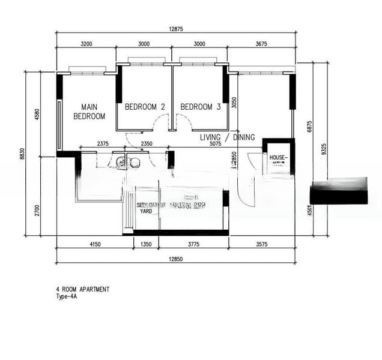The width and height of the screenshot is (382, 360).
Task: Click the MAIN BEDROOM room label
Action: pos(89,112)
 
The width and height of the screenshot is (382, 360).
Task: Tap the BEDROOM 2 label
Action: pos(145,107)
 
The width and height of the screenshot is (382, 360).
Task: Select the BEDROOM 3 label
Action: pos(201,107)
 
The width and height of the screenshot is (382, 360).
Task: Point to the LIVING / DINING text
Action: pos(227,137)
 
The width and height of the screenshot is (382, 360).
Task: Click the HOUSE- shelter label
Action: pos(279,158)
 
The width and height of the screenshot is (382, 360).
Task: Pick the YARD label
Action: pos(146,211)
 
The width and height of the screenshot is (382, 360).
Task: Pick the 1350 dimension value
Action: pos(146,244)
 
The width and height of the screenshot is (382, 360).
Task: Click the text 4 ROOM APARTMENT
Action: pos(83,289)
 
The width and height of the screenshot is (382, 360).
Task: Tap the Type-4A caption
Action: pos(68,296)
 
